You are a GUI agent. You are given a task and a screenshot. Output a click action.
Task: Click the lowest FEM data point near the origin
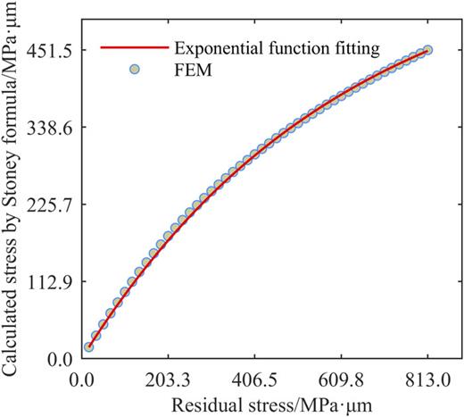tap(88, 346)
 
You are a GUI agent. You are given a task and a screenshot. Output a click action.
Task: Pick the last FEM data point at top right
tap(428, 51)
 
